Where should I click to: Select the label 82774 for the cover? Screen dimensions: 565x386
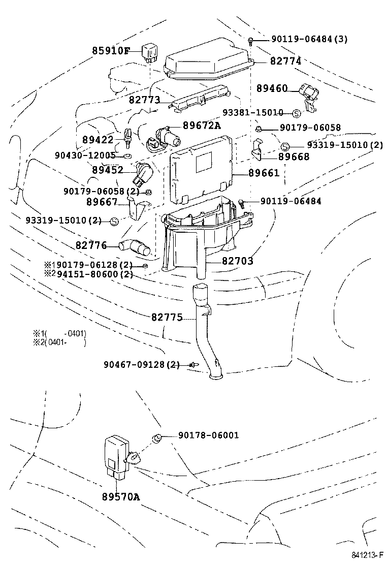[x=285, y=61]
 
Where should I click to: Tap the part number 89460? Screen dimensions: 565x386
[x=272, y=88]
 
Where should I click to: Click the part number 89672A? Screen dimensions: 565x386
[x=202, y=125]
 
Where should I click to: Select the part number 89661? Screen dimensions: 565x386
[x=264, y=173]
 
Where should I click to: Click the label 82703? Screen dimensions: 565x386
[x=237, y=261]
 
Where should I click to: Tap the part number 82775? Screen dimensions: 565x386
[x=167, y=317]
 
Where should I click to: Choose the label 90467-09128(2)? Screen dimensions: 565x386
[x=142, y=364]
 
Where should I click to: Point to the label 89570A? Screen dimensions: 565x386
[x=120, y=496]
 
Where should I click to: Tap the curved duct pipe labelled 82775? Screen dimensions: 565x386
[x=206, y=330]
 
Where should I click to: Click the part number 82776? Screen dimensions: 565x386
[x=91, y=245]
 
